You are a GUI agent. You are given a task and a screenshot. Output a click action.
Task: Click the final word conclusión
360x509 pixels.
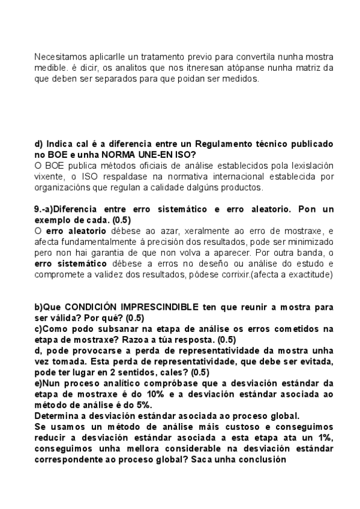262,460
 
